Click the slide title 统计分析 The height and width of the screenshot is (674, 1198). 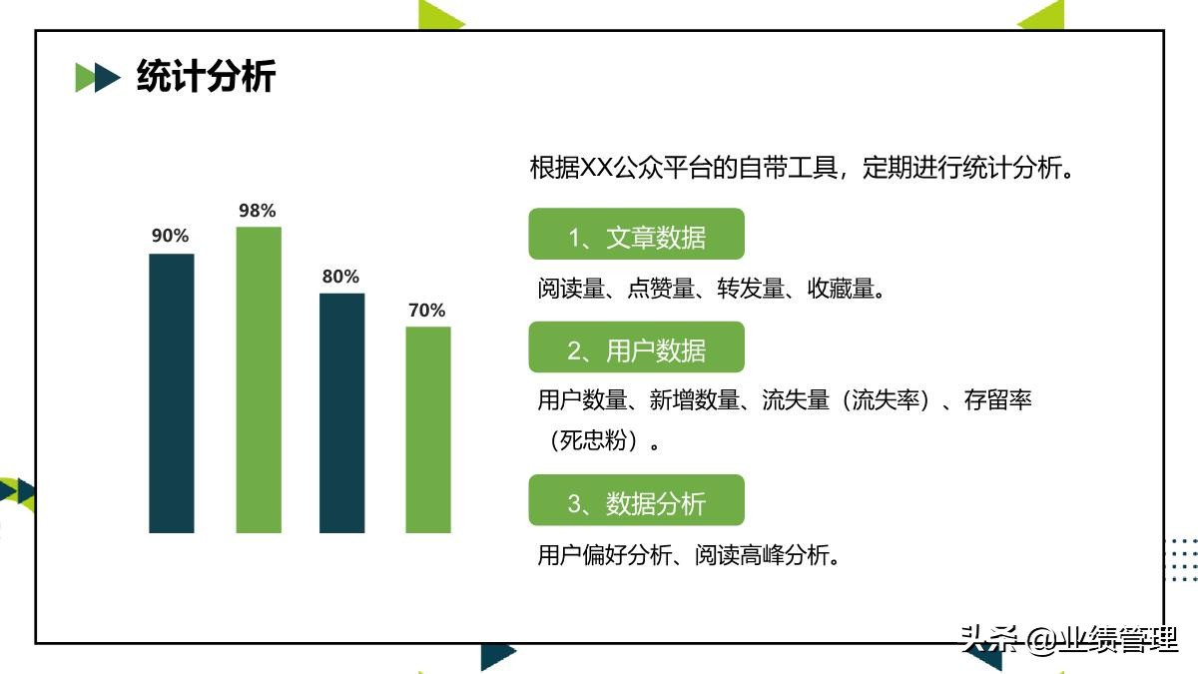(x=206, y=77)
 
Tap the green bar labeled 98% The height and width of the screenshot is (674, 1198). (x=259, y=379)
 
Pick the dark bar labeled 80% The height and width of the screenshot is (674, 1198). (x=342, y=412)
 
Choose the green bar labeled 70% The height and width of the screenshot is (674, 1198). (x=428, y=429)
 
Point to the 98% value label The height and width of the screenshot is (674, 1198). (x=258, y=211)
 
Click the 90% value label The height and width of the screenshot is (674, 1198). (x=171, y=237)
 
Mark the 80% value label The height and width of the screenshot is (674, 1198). (x=340, y=277)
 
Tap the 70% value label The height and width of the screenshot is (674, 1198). (x=427, y=311)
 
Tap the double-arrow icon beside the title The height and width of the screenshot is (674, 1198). (x=98, y=77)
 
